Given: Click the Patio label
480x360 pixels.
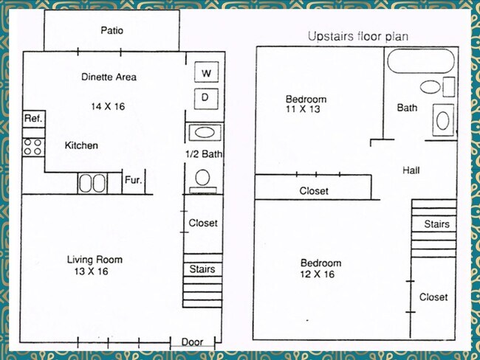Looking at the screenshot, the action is (x=112, y=30).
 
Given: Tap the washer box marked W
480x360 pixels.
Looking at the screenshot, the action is (x=206, y=72).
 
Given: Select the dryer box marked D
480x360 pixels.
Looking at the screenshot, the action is (x=206, y=99).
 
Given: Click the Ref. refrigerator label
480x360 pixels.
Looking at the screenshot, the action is (x=34, y=118).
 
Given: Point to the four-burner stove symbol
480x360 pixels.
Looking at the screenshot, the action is (x=33, y=147).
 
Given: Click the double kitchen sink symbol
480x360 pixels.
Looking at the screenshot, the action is (x=92, y=183).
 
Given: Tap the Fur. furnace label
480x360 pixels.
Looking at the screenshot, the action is (x=133, y=180).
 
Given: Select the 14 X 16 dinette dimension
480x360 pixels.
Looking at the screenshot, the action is (x=108, y=106).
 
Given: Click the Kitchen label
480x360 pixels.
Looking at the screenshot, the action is (x=81, y=145).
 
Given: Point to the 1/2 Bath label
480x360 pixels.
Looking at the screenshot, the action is (x=204, y=153).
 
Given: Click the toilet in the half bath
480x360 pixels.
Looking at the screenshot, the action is (x=202, y=181).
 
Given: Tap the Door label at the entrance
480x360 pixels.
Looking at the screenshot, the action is (x=192, y=342).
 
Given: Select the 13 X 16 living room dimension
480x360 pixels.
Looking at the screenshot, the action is (x=92, y=271).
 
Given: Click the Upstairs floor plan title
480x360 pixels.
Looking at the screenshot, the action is (x=358, y=36).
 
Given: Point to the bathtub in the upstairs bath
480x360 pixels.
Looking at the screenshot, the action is (x=421, y=61).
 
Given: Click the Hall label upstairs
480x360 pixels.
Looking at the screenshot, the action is (x=411, y=170).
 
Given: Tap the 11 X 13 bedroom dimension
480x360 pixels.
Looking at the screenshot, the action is (x=303, y=108).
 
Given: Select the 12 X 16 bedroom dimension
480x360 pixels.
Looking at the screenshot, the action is (x=318, y=274).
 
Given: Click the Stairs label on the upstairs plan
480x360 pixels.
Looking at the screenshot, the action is (x=437, y=224).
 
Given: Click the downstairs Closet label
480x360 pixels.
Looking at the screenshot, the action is (x=203, y=223).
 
